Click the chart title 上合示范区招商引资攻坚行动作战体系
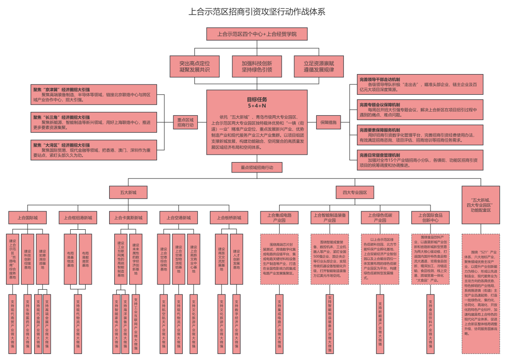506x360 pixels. click(257, 12)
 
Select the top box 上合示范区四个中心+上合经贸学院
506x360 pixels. click(257, 34)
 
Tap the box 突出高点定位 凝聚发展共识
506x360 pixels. click(194, 66)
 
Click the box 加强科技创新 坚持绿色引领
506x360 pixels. click(257, 66)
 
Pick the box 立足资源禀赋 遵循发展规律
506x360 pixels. click(319, 66)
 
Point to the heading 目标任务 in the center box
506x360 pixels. click(257, 99)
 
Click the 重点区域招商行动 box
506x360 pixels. click(186, 122)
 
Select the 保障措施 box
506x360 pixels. click(328, 122)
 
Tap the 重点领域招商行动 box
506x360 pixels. click(257, 167)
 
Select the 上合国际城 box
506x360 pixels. click(28, 217)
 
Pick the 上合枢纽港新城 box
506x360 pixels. click(78, 217)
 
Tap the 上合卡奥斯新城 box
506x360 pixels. click(128, 217)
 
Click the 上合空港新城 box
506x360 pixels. click(179, 217)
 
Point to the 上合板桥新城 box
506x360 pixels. click(229, 217)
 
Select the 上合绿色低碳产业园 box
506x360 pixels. click(380, 217)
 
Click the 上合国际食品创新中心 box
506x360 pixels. click(430, 217)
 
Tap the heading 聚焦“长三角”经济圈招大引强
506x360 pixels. click(61, 117)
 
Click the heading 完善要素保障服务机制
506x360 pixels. click(380, 130)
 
